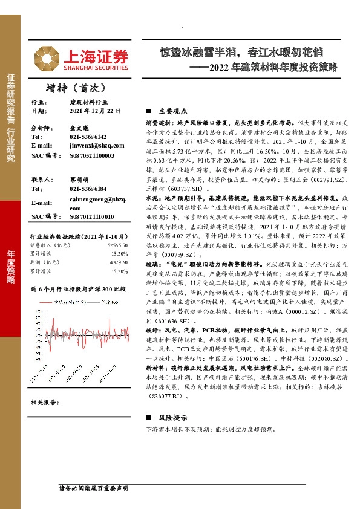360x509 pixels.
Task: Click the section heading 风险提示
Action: point(170,417)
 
